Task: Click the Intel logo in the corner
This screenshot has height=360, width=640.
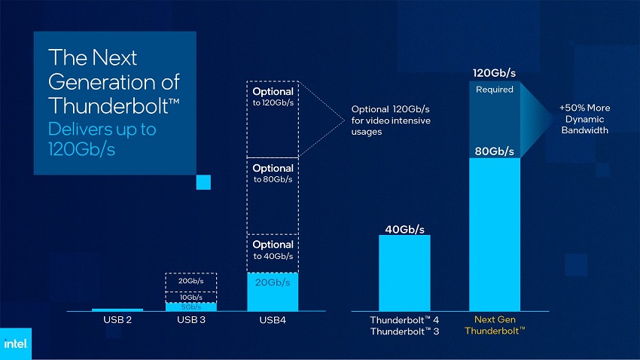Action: click(16, 343)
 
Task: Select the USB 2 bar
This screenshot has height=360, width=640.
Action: click(117, 310)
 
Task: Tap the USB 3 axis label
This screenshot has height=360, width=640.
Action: click(190, 320)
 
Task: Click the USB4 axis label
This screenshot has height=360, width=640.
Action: click(272, 320)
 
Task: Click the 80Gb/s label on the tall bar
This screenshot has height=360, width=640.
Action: click(494, 151)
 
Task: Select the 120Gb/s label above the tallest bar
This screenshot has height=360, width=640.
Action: click(494, 73)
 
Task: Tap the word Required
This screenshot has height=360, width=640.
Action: click(494, 90)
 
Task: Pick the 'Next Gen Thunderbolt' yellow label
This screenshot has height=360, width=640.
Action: click(495, 325)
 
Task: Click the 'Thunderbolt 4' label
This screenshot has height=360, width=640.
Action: click(404, 320)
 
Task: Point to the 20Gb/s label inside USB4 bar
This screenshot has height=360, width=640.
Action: click(272, 282)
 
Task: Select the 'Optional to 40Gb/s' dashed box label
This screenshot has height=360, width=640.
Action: click(273, 250)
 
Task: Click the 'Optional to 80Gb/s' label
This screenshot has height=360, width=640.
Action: click(273, 173)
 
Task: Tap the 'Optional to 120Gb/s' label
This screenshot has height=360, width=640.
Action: click(273, 96)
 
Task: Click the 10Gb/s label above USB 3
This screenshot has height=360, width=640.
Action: click(190, 297)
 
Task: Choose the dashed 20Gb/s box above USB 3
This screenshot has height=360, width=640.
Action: click(190, 281)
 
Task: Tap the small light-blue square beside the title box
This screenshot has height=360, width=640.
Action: click(203, 182)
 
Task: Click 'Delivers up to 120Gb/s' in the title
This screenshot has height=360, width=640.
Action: click(102, 137)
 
